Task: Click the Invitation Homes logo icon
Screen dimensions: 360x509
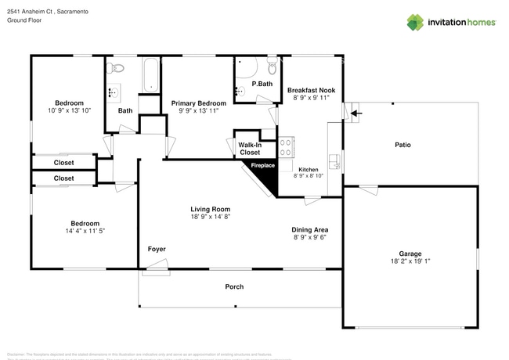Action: point(415,22)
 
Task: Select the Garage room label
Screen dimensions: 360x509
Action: point(410,254)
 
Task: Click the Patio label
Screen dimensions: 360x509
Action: point(403,145)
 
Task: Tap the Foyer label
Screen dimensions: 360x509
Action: point(157,249)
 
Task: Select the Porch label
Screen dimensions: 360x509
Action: point(234,286)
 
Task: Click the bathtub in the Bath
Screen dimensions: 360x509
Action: point(150,76)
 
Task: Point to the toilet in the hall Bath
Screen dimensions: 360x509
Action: point(114,67)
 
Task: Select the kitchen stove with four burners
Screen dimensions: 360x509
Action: point(285,146)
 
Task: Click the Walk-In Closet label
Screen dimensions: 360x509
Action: point(249,149)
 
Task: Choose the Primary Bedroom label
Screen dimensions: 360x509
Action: point(199,103)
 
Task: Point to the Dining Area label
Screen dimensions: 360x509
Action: point(309,229)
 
